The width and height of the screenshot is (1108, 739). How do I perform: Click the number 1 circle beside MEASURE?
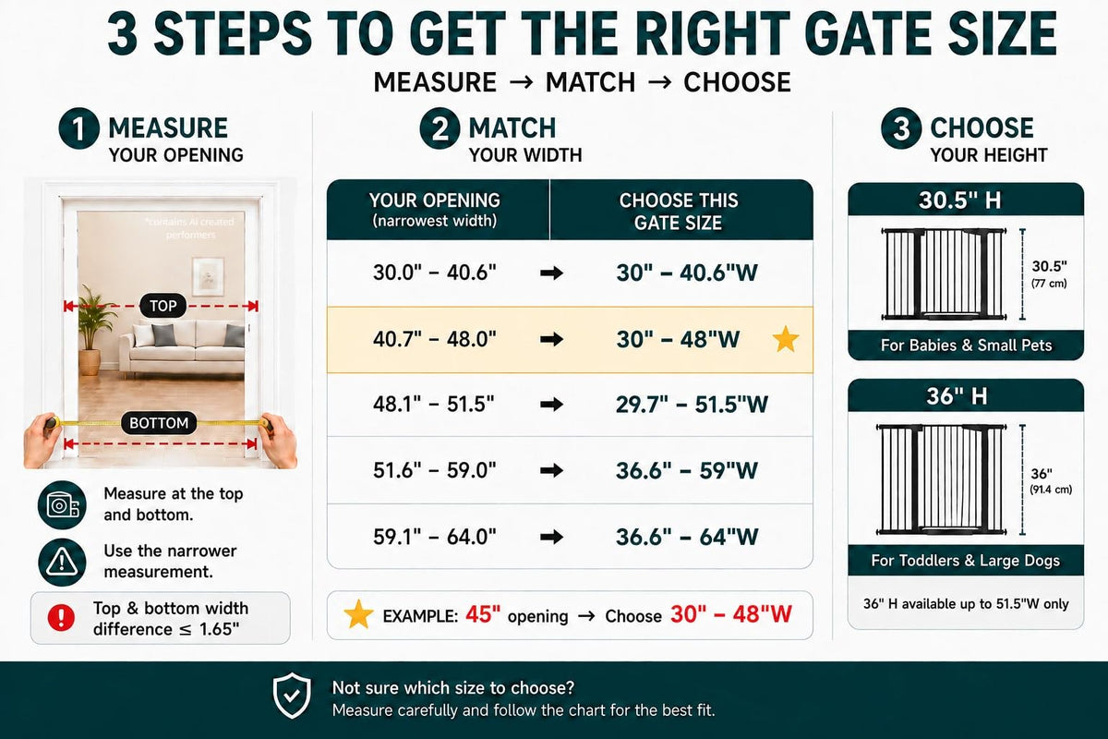tap(78, 128)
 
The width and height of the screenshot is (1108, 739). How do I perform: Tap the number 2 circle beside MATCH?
tap(440, 128)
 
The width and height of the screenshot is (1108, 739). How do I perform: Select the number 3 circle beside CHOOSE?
tap(901, 128)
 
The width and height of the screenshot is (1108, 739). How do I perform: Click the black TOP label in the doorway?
tap(163, 306)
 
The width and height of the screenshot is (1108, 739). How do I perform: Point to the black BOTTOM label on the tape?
tap(159, 423)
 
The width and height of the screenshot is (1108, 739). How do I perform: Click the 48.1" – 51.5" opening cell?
tap(434, 405)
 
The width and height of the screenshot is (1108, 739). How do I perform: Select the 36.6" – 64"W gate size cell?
tap(687, 537)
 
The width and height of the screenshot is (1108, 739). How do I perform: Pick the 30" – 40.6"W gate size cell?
tap(687, 273)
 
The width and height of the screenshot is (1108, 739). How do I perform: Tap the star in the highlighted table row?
tap(786, 340)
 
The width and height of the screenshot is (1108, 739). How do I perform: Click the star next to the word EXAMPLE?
tap(358, 614)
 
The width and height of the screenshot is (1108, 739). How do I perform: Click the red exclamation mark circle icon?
tap(61, 617)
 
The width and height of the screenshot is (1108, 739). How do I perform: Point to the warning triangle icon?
tap(62, 563)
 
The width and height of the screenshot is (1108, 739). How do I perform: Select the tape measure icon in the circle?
tap(62, 505)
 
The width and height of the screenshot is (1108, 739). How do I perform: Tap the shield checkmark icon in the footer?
tap(292, 695)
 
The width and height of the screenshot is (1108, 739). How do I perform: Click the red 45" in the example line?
tap(483, 614)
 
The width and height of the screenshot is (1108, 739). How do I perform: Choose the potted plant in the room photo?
tap(92, 330)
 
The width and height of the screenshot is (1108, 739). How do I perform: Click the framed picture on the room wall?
tap(208, 277)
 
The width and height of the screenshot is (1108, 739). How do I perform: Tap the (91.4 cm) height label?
tap(1051, 490)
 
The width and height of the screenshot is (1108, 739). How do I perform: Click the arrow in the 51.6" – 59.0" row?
tap(551, 470)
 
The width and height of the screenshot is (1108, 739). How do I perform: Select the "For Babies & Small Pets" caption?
tap(966, 345)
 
